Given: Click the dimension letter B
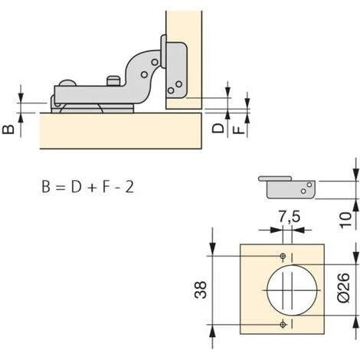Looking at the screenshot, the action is pos(8,129).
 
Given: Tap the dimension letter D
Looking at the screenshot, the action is pos(218,128).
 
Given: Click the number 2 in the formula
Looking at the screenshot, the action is pos(129,187).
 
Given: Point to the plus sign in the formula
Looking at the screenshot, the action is pos(92,188).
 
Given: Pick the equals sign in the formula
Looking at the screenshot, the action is pos(61,188).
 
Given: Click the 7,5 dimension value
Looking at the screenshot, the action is pos(290,218).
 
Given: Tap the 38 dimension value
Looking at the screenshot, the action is pos(201,290).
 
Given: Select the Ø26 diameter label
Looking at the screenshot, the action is pos(343,288).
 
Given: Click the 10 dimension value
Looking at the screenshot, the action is pos(345,220).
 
